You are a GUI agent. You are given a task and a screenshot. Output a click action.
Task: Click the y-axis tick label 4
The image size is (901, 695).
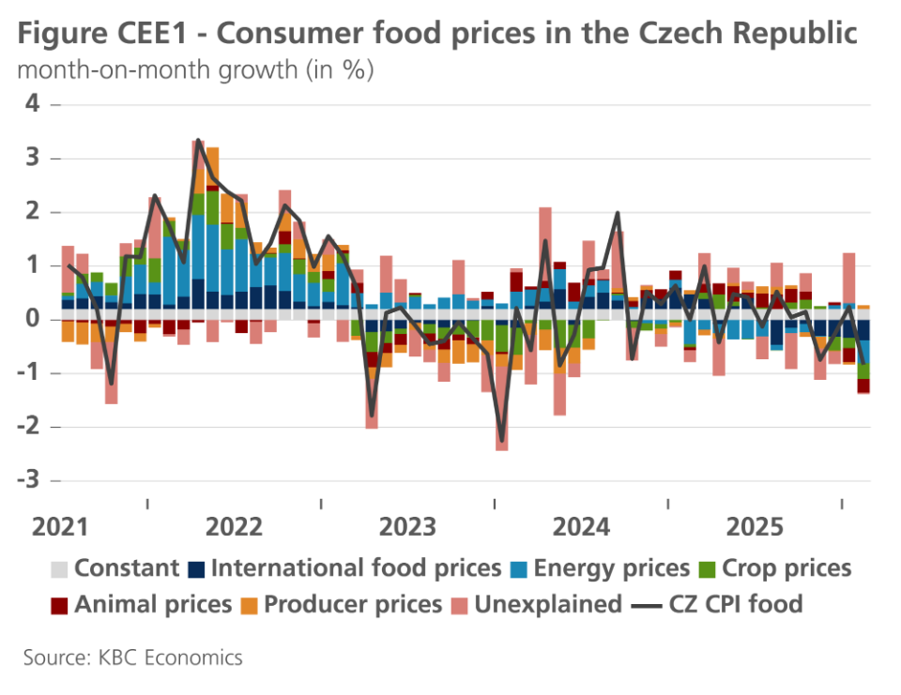coord(33,105)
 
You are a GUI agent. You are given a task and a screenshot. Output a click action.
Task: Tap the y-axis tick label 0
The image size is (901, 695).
coord(33,320)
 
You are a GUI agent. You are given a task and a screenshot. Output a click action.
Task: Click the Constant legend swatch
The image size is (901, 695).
coord(59,568)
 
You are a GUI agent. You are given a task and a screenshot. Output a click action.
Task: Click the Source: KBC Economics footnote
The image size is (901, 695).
coord(132,657)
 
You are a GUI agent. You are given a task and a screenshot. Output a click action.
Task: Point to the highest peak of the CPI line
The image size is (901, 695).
coord(198,140)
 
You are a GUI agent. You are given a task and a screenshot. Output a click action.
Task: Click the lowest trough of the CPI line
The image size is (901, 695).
coord(502,440)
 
